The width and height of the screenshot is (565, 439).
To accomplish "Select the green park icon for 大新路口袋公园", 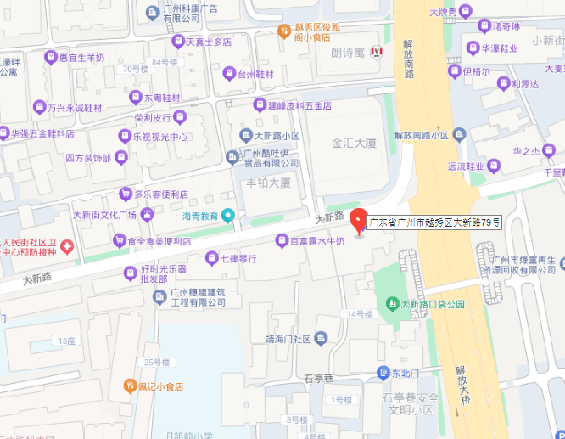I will click(x=392, y=303).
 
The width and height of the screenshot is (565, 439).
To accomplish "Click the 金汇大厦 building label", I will click(x=355, y=144).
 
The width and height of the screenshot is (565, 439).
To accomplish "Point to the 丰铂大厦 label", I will click(x=268, y=183).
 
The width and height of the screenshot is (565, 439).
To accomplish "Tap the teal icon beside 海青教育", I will click(x=227, y=216).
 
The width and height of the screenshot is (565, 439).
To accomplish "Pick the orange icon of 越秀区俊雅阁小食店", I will click(x=285, y=31).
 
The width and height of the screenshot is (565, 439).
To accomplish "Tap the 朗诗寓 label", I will click(x=348, y=53).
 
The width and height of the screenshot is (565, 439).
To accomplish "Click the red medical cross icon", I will click(x=66, y=246).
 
